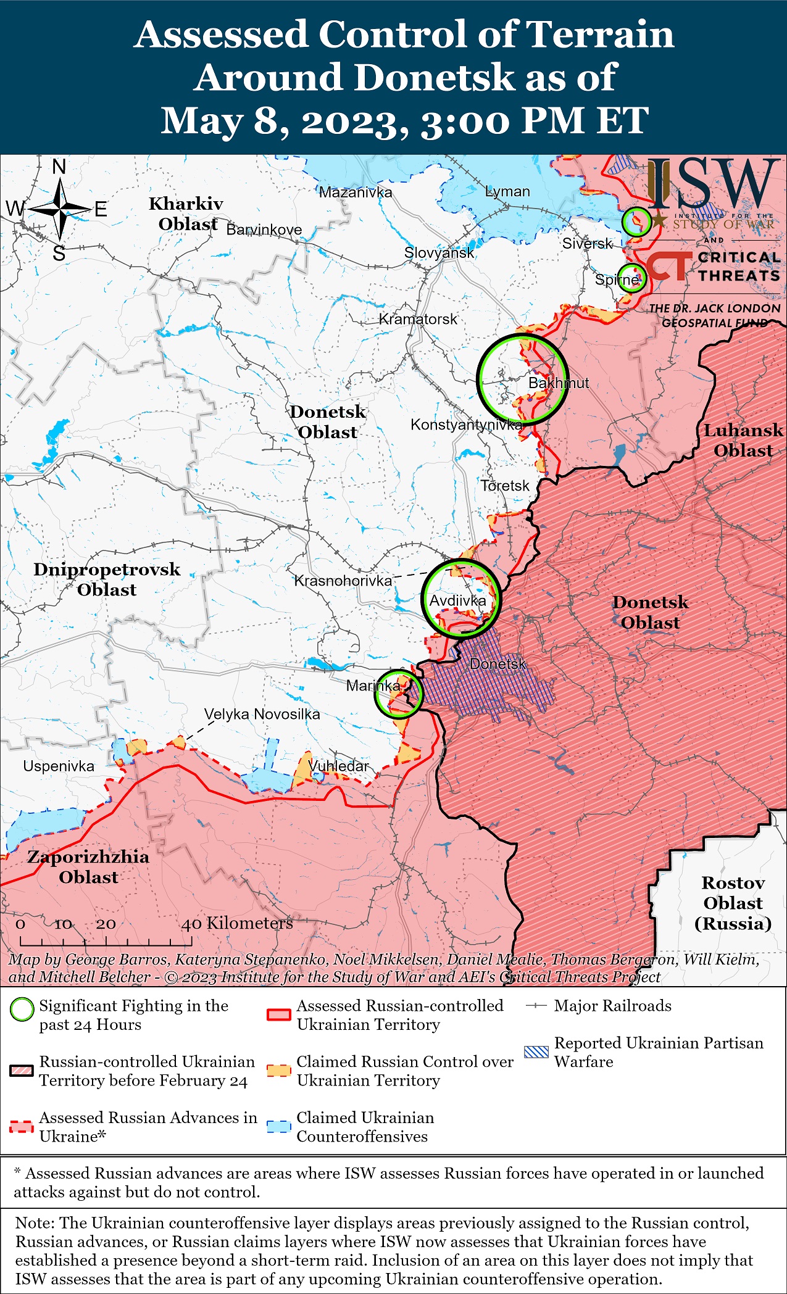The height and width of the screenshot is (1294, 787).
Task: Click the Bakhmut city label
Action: click(558, 383)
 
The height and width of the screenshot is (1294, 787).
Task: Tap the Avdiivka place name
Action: click(457, 600)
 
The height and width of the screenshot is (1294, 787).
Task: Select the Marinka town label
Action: click(373, 686)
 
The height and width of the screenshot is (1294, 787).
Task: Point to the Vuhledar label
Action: click(338, 766)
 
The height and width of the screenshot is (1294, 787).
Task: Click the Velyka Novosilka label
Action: click(262, 714)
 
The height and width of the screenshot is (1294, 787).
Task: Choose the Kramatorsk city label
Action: click(418, 319)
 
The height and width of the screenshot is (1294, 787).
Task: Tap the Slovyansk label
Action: click(439, 252)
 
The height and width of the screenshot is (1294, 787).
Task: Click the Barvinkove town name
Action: click(264, 230)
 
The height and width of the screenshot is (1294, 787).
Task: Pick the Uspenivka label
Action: click(59, 766)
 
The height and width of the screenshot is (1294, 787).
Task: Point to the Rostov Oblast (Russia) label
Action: click(733, 903)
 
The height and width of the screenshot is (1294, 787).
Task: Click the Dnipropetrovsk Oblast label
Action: click(107, 579)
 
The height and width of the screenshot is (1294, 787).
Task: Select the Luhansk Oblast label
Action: click(743, 440)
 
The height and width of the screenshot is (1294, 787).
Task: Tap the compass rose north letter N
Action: click(59, 167)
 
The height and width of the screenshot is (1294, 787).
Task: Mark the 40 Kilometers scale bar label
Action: click(237, 923)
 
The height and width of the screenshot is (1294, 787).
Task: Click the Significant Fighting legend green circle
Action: click(22, 1010)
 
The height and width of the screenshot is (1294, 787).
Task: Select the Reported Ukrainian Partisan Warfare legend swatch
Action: click(535, 1052)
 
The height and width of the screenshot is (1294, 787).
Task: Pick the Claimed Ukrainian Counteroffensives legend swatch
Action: click(278, 1126)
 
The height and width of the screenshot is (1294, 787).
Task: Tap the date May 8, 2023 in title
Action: click(284, 120)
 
